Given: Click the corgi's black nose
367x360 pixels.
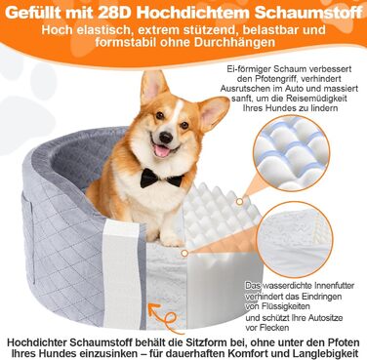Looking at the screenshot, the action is coord(166,138).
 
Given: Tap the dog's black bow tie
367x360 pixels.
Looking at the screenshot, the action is coord(161,179).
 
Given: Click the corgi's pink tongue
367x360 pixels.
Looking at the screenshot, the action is coord(162,151).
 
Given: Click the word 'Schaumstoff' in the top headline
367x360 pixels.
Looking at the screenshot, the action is coord(308,13).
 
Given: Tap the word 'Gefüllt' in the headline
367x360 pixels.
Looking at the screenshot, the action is coord(32,13).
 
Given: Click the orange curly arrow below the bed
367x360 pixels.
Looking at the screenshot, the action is coord(163,317).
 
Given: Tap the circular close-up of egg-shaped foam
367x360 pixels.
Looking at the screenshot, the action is coord(292,153).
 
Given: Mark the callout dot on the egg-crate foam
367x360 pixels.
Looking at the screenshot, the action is coord(239,202).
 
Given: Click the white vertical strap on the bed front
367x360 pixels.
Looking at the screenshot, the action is coord(121,272).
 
